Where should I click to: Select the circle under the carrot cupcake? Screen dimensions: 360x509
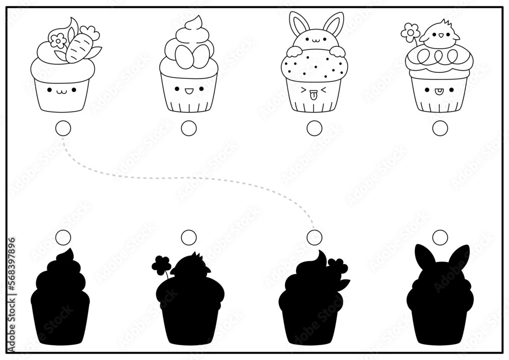pos(63,129)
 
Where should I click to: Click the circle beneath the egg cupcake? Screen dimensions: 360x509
pos(188,129)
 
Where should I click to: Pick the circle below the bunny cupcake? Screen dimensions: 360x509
pos(315,128)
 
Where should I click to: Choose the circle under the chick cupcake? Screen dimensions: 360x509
pos(440,129)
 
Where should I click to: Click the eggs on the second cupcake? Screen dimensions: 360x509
pos(188,53)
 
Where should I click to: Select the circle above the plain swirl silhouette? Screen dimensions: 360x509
pos(63,237)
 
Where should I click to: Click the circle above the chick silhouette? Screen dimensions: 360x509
pos(188,237)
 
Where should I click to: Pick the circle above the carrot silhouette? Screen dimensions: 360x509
pos(315,237)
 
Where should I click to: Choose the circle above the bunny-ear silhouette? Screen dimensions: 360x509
pos(440,237)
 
